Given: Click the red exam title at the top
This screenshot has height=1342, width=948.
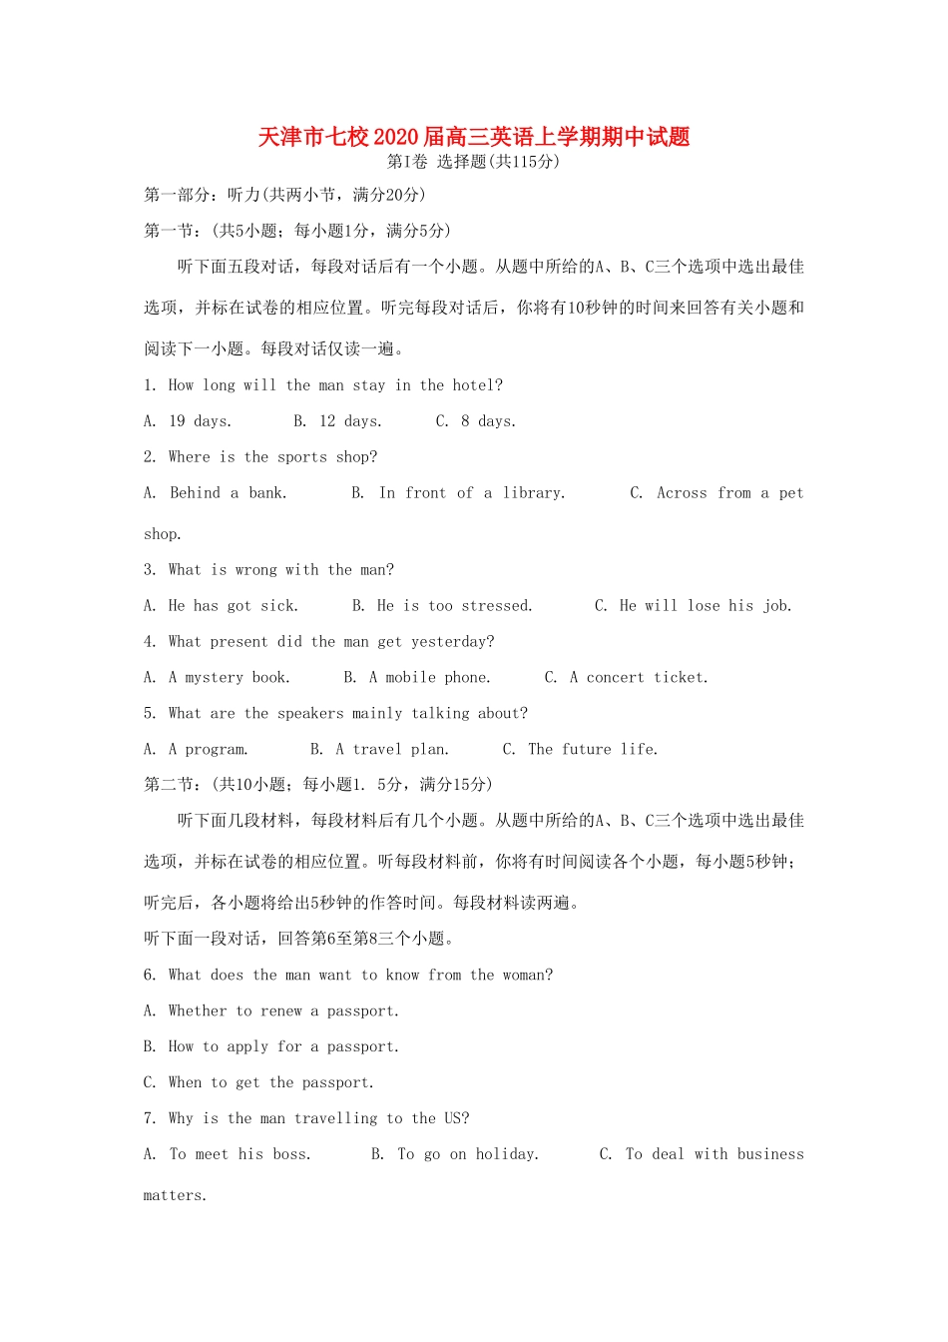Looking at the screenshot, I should coord(473,137).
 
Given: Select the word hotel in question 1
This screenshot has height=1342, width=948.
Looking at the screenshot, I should coord(473,385).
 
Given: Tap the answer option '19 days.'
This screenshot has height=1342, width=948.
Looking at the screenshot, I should coord(200,421).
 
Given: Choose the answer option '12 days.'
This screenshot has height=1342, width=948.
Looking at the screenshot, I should coord(350,421).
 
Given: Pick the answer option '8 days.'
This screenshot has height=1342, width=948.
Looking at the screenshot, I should coord(488,421).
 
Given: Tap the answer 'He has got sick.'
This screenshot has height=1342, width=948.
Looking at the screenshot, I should coord(233,606).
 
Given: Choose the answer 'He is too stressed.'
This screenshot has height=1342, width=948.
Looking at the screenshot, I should coord(454,606).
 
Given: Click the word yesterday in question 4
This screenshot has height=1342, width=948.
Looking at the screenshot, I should coord(452,642).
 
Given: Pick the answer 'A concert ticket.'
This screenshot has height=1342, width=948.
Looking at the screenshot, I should coord(639,678).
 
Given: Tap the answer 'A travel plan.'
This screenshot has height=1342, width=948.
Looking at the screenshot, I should coord(391,750).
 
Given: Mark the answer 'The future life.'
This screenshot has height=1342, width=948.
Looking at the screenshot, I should coord(593,750).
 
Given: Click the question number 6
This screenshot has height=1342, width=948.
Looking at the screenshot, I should coord(150,976).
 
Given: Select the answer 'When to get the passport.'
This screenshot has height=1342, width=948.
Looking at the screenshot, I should coord(270,1083).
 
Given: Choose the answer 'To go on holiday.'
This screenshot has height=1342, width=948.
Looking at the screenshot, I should coord(467,1155).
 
